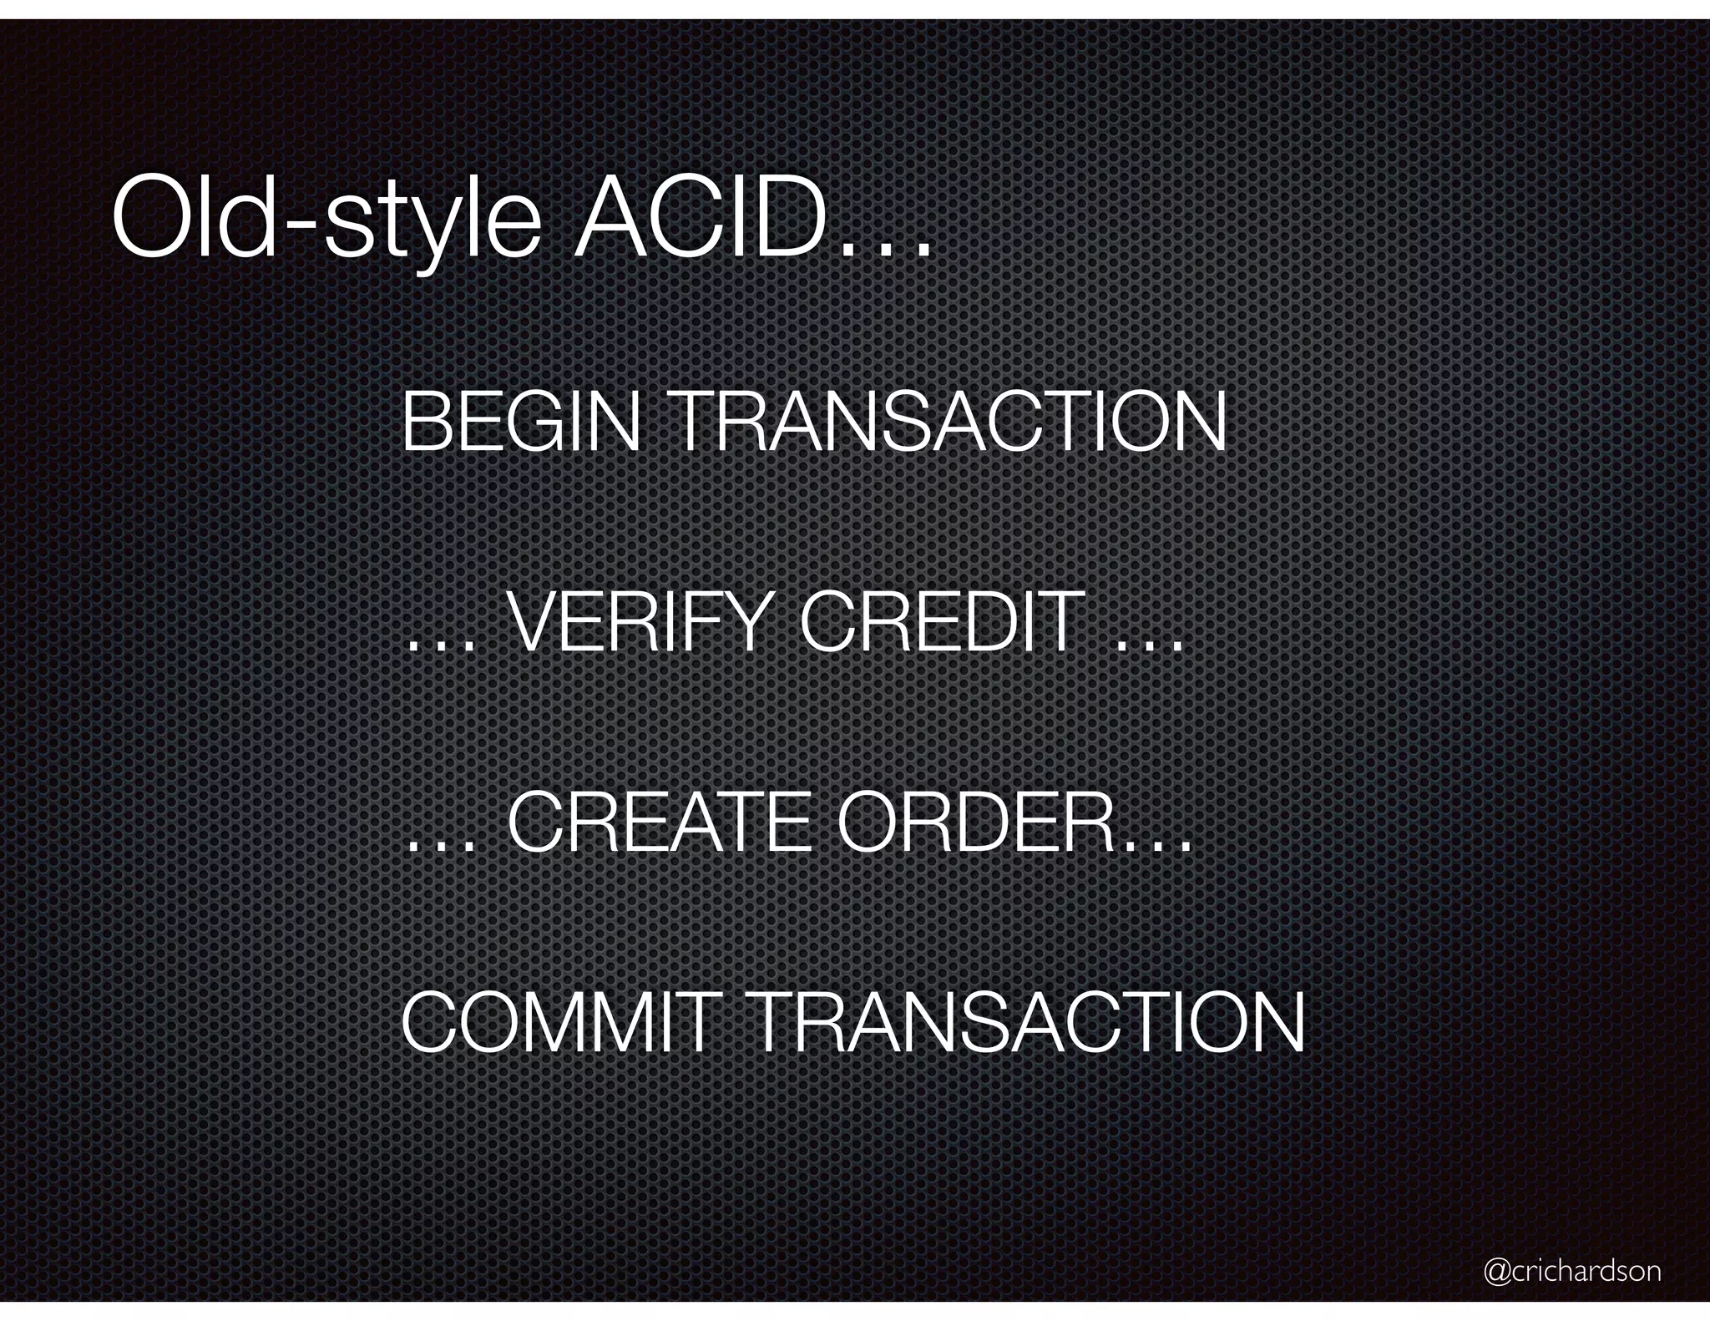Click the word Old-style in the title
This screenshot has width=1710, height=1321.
point(326,219)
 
